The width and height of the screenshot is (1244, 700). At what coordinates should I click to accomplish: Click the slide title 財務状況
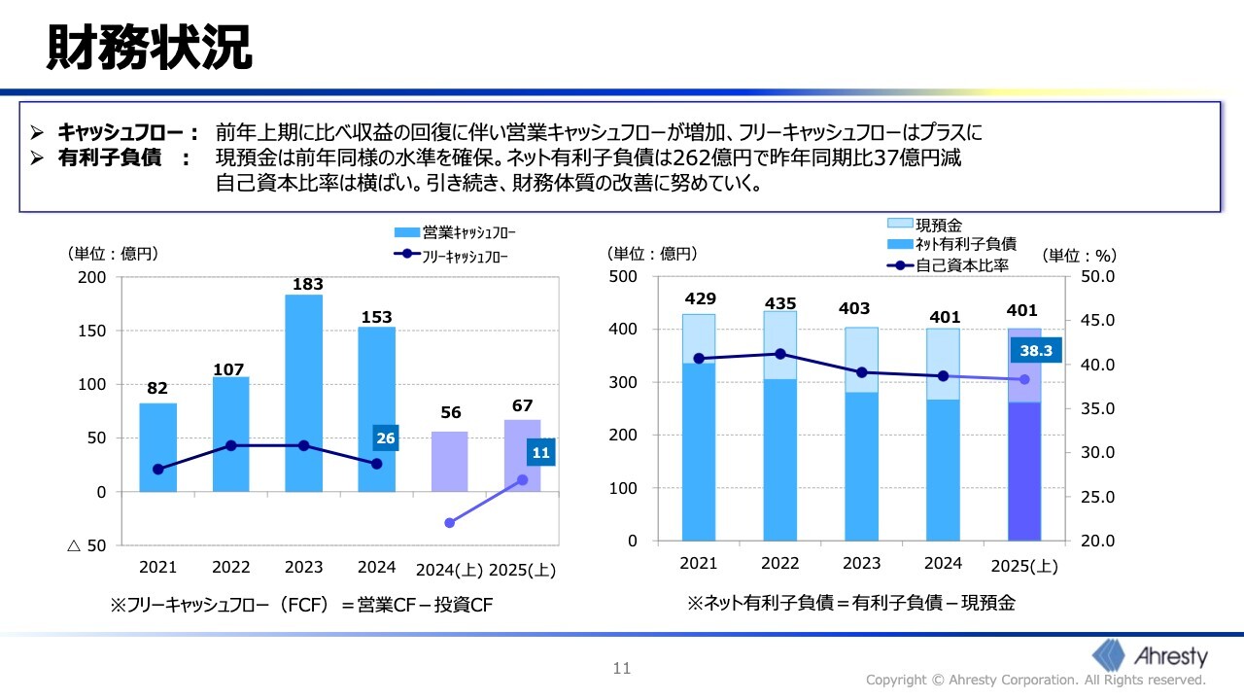(149, 48)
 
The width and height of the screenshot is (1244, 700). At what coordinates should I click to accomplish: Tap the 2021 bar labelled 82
(157, 447)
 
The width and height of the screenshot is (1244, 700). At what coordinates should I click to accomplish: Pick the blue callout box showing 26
(385, 438)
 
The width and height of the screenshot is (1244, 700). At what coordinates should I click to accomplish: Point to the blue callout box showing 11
(541, 452)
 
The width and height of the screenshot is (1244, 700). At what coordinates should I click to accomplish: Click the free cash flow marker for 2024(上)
(449, 523)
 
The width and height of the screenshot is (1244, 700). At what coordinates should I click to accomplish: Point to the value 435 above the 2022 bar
(779, 303)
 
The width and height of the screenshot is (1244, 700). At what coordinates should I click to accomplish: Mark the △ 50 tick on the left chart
(86, 545)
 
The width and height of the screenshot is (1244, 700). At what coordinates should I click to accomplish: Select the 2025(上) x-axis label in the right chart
(1024, 566)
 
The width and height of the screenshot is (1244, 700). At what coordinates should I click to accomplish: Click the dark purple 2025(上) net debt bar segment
(1024, 472)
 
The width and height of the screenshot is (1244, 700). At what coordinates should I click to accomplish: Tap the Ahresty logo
(1151, 654)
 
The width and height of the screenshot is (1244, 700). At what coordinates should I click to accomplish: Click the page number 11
(622, 668)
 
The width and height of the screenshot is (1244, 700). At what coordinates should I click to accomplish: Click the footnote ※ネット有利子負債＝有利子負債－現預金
(850, 603)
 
